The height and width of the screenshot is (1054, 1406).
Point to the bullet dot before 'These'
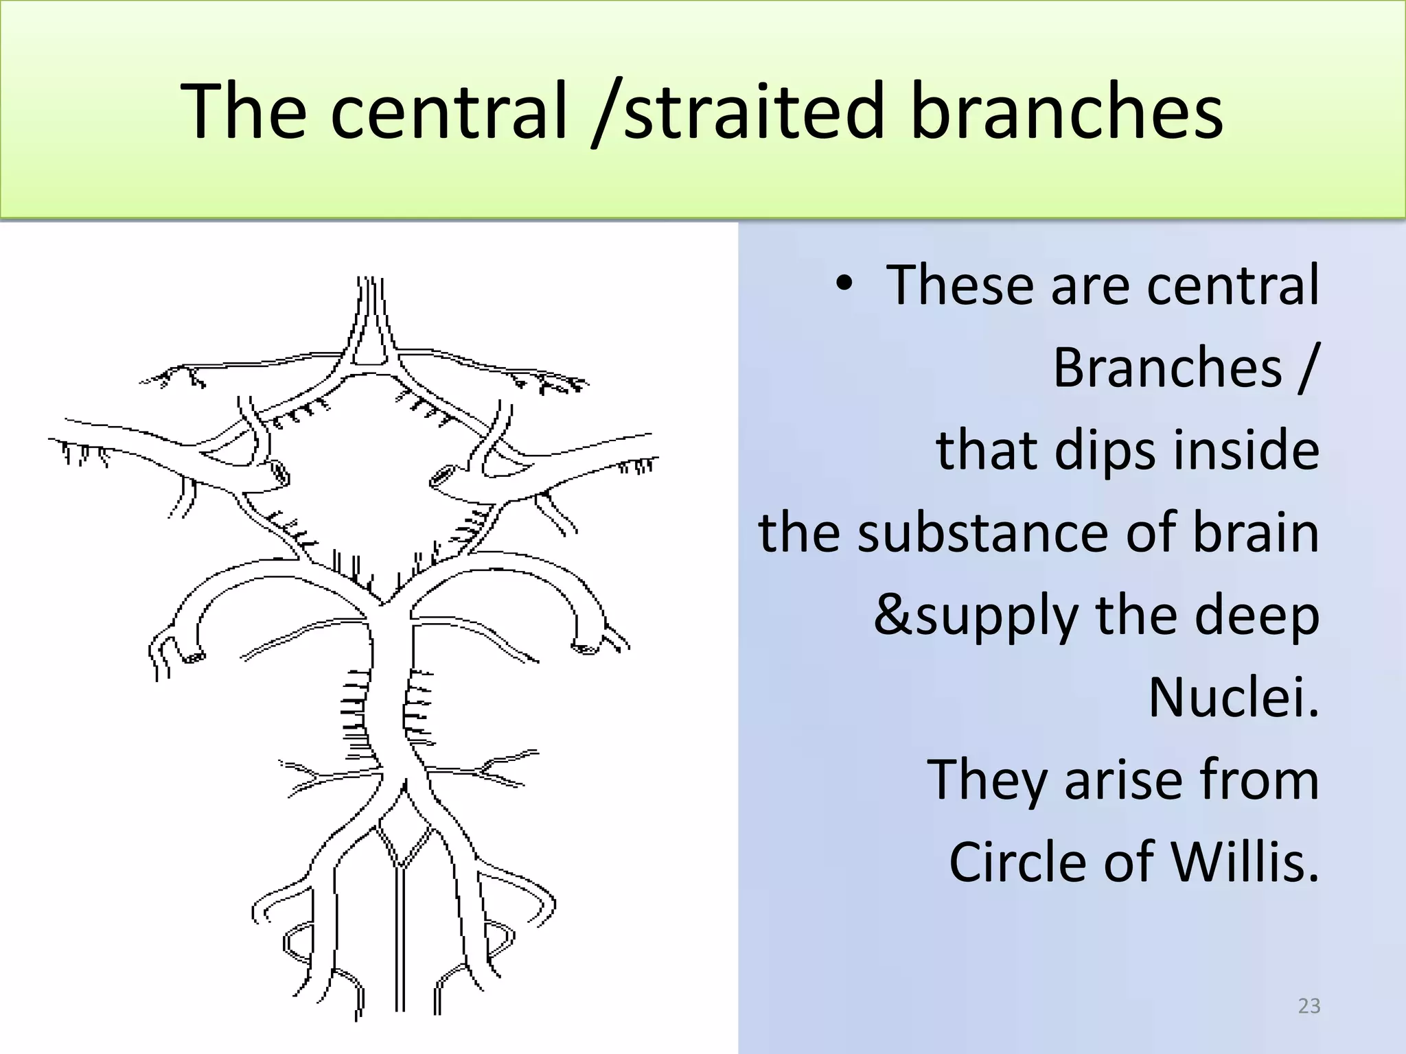844,284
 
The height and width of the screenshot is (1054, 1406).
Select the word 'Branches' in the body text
1167,368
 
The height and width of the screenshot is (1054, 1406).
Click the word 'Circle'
1019,862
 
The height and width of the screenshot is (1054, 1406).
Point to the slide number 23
1309,1006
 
